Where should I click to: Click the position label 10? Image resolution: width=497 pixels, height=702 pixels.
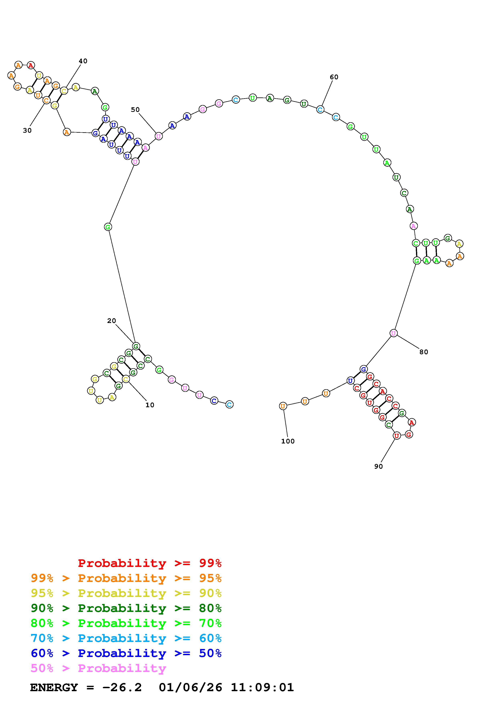click(150, 405)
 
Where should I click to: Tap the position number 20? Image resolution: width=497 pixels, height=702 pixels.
click(111, 321)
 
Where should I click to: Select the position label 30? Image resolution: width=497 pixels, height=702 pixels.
click(27, 130)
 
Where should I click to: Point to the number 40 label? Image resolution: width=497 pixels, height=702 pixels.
click(83, 61)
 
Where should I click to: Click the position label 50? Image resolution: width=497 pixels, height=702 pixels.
click(135, 110)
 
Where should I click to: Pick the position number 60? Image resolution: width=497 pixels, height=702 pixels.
click(334, 77)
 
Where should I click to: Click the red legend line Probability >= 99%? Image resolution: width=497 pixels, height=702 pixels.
click(150, 563)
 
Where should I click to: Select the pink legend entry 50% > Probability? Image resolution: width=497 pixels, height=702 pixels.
click(98, 668)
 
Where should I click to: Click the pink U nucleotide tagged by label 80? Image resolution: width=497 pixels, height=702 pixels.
click(394, 333)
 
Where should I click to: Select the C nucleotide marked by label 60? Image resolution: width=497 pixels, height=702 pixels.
click(320, 109)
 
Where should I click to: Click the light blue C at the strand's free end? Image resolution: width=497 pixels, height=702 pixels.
click(229, 404)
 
